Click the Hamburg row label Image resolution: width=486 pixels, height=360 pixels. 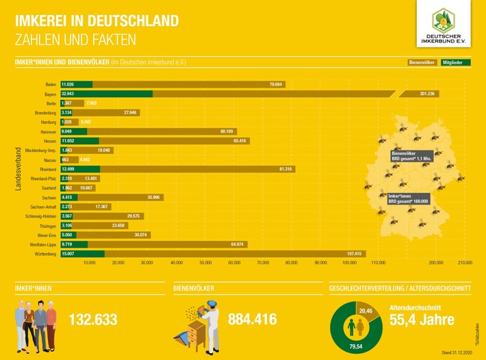click(x=46, y=121)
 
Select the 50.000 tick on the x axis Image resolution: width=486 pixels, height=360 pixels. click(x=205, y=263)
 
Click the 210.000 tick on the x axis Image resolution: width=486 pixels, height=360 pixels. click(x=465, y=263)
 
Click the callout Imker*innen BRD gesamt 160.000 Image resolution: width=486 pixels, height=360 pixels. click(x=408, y=198)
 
